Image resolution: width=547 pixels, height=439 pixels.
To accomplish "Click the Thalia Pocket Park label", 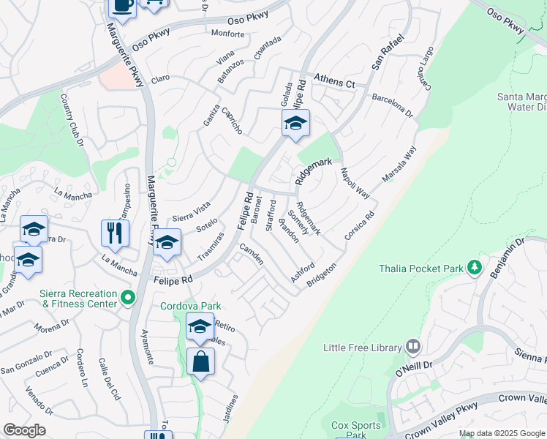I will pyautogui.click(x=421, y=269).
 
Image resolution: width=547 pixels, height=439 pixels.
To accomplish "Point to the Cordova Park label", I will pyautogui.click(x=191, y=307).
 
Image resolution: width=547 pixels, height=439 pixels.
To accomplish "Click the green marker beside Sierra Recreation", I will pyautogui.click(x=128, y=298).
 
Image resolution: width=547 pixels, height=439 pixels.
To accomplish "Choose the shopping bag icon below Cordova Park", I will pyautogui.click(x=200, y=361).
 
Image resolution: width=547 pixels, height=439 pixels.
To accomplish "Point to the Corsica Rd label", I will pyautogui.click(x=360, y=227).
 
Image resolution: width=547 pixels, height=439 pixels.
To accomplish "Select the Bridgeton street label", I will pyautogui.click(x=322, y=274).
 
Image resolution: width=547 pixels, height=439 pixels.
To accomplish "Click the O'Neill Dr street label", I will pyautogui.click(x=414, y=374).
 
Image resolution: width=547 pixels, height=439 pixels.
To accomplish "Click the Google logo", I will pyautogui.click(x=24, y=430).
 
